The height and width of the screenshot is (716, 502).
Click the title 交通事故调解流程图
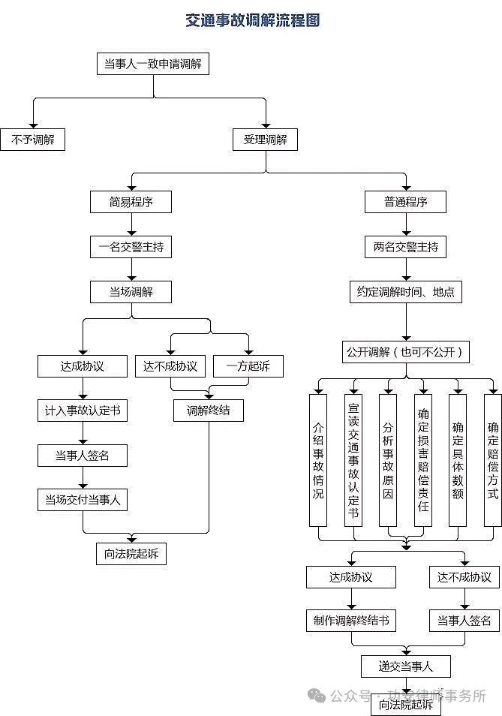point(253,20)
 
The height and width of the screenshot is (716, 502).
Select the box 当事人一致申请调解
point(153,64)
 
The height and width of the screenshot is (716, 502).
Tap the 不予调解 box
point(32,139)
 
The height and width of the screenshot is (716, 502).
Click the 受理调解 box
point(265,139)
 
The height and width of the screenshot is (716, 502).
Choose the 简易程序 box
point(131,202)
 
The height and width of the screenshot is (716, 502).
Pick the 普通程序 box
point(406,202)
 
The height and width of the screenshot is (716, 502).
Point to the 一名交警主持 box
point(131,246)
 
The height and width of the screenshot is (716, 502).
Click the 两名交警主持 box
point(406,246)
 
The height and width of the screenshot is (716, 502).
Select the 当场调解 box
point(131,291)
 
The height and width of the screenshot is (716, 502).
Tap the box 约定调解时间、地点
point(406,291)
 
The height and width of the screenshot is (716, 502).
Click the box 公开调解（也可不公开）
point(406,351)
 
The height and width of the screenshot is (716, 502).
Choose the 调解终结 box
point(208,410)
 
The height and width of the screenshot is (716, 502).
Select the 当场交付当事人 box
point(83,499)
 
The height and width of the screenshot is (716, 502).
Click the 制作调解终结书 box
point(350,621)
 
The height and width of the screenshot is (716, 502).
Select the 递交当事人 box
point(406,666)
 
